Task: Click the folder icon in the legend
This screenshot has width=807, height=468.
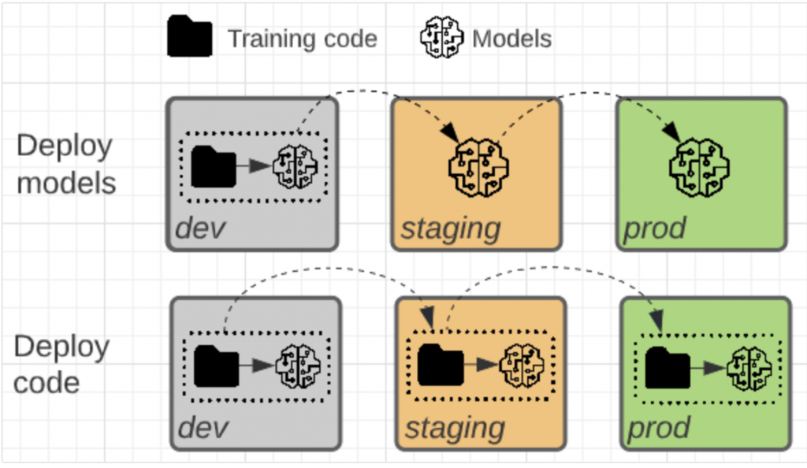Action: (189, 36)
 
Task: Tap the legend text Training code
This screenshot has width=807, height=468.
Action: (303, 39)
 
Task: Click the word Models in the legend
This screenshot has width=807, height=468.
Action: (512, 39)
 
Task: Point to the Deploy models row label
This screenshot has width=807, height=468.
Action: (66, 165)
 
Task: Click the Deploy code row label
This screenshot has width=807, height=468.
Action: (61, 365)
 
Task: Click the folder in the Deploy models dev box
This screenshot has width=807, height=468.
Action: (213, 167)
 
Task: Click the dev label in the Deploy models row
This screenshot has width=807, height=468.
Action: (200, 228)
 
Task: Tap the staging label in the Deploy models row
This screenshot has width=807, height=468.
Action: (450, 229)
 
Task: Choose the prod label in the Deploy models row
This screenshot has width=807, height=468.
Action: (654, 229)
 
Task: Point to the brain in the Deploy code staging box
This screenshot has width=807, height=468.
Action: (521, 366)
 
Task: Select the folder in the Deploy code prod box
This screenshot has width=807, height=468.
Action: (668, 367)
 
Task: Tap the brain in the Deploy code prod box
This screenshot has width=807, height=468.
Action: (748, 367)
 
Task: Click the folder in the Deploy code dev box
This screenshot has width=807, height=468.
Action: (216, 366)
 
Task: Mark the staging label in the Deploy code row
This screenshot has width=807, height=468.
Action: (454, 429)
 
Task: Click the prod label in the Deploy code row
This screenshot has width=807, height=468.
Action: (658, 429)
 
